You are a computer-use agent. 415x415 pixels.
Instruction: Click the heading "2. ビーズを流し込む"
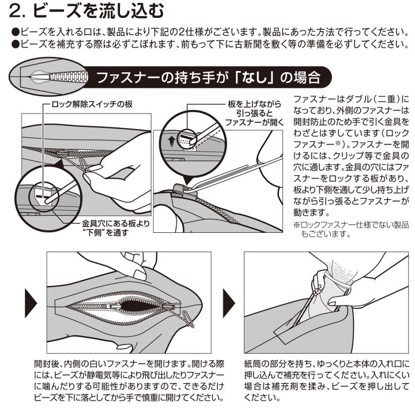tap(86, 11)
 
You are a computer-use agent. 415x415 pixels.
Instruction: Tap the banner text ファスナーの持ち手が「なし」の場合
tap(209, 78)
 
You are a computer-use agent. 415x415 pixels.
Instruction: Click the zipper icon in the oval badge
tap(59, 77)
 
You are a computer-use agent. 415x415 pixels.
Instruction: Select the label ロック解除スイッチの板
tap(92, 104)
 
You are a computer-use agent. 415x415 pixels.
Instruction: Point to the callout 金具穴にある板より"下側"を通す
tap(116, 228)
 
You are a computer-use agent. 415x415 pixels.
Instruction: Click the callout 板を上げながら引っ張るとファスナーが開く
tap(254, 113)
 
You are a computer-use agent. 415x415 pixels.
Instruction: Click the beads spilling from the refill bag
tap(339, 271)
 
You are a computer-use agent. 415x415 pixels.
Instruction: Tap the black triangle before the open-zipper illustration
tap(31, 303)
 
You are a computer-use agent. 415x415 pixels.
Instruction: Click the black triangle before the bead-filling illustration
tap(229, 303)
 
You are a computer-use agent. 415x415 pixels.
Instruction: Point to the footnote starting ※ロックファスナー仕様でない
tap(351, 229)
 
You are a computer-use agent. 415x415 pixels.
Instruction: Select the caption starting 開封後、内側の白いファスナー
tap(129, 380)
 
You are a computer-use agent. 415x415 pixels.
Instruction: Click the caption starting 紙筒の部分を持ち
tap(327, 380)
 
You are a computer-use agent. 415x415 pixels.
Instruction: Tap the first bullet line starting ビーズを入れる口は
tap(210, 32)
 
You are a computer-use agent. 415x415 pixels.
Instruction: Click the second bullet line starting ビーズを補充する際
tap(210, 44)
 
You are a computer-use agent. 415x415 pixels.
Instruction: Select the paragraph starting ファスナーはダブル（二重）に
tap(351, 156)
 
